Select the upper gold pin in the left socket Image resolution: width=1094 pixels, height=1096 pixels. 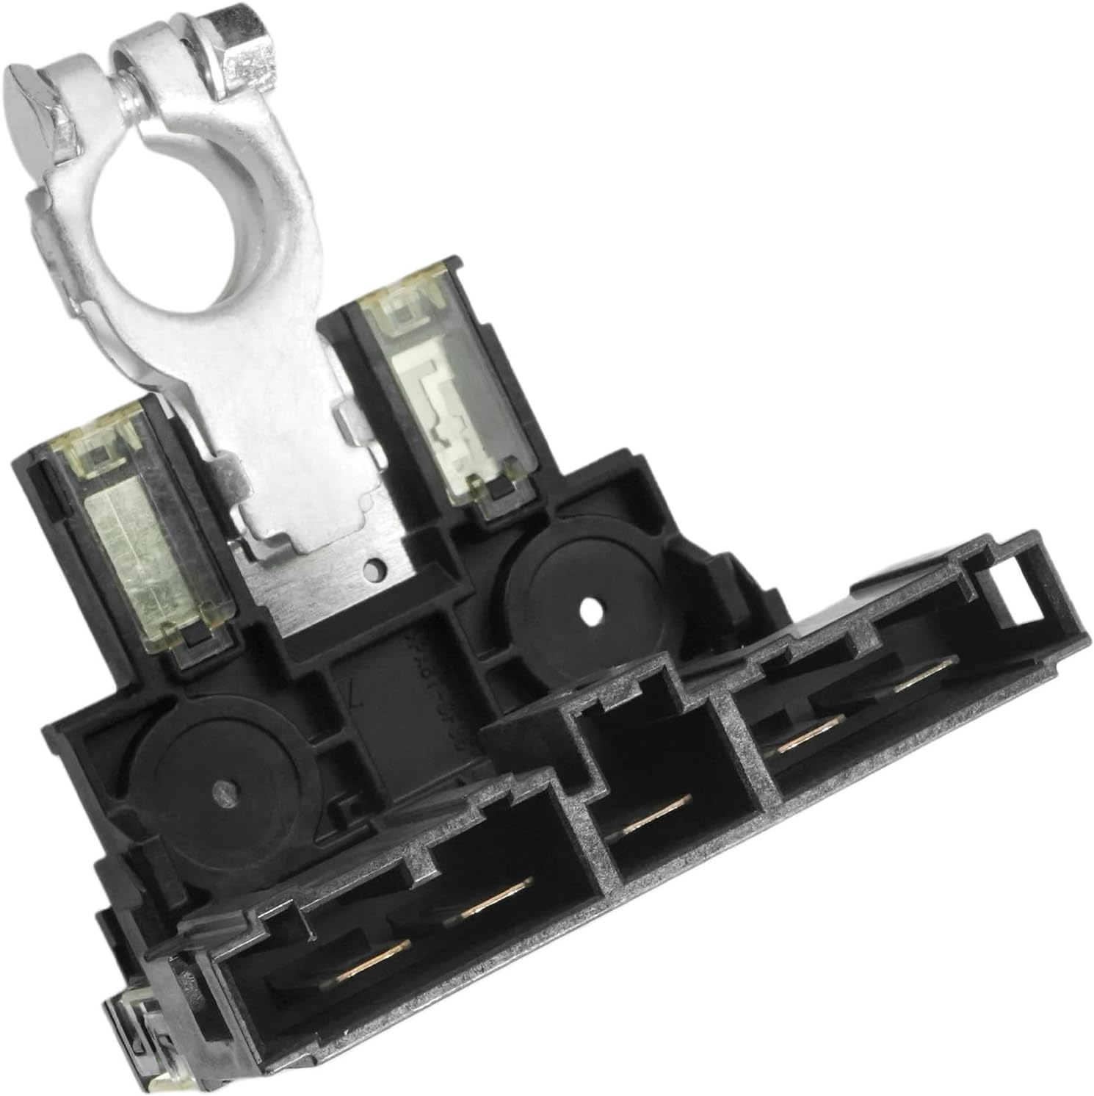click(x=494, y=897)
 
